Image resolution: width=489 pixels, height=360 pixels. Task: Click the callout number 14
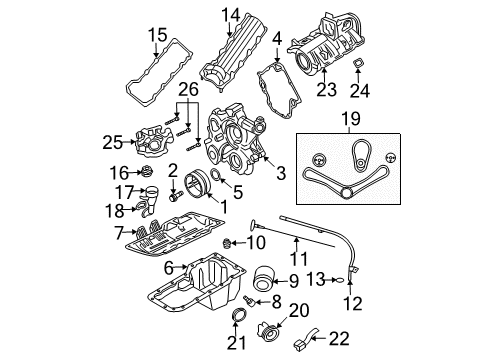click(231, 15)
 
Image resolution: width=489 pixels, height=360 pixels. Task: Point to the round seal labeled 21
click(238, 319)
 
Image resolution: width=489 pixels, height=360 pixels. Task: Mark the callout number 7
click(120, 232)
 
